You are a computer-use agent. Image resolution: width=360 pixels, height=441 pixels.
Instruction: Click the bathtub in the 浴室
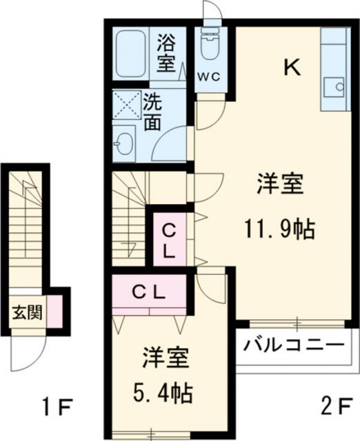(130, 54)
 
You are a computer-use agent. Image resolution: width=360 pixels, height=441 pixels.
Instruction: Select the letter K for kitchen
(292, 68)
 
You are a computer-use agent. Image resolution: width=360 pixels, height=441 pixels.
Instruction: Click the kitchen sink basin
(334, 87)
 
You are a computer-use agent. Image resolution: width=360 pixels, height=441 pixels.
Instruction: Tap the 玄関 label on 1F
(28, 312)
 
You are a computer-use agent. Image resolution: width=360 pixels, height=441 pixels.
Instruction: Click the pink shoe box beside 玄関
(54, 311)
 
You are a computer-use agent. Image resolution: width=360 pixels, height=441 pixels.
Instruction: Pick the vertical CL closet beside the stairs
(170, 239)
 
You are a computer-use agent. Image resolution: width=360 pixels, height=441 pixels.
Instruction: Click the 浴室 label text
(166, 53)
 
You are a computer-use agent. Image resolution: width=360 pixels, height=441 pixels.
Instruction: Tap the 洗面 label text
(152, 112)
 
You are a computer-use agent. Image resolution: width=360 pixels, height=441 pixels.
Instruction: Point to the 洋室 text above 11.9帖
(280, 184)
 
